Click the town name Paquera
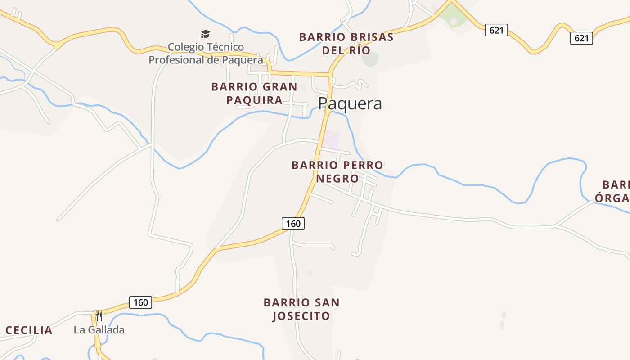[x=350, y=103]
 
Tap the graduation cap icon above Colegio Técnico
[x=205, y=34]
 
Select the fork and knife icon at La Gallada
[x=99, y=316]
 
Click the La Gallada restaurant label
[x=99, y=330]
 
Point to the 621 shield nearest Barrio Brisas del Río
[x=496, y=30]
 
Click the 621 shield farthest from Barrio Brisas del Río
[x=581, y=38]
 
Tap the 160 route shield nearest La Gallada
[x=140, y=302]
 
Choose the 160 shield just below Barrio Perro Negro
[x=293, y=223]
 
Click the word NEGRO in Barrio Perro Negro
[x=337, y=179]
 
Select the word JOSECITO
[x=301, y=316]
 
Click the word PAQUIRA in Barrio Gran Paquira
[x=254, y=100]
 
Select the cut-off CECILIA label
[x=28, y=330]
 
